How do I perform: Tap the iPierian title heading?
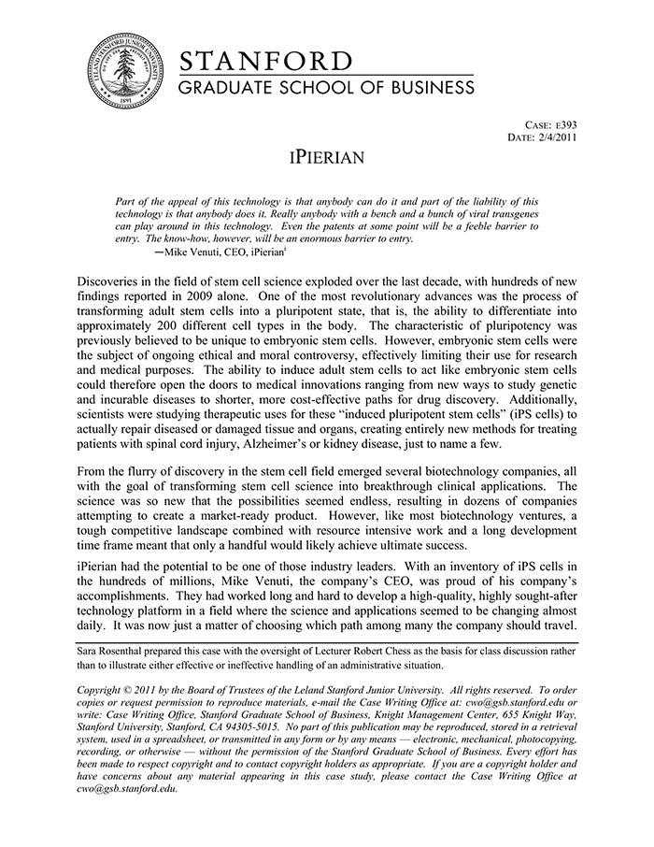326,156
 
